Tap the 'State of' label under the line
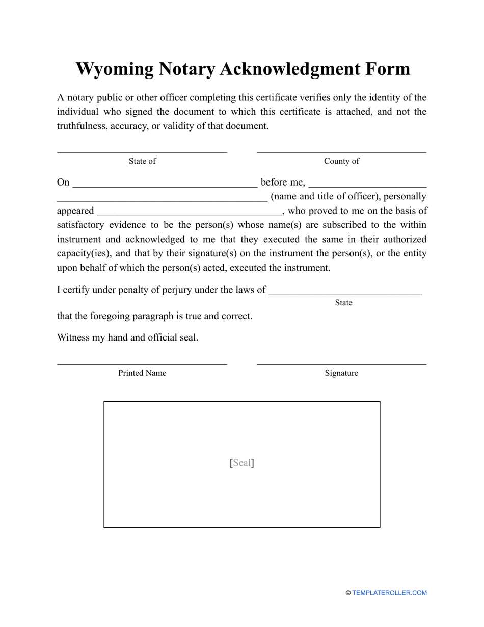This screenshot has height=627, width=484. pyautogui.click(x=142, y=161)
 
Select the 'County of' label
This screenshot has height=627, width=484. pyautogui.click(x=341, y=161)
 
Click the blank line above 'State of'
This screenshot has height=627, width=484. pyautogui.click(x=142, y=151)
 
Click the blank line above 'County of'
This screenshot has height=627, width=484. pyautogui.click(x=341, y=151)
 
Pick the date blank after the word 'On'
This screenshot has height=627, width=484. pyautogui.click(x=165, y=184)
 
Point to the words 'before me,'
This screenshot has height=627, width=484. pyautogui.click(x=283, y=182)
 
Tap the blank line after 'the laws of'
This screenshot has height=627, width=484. pyautogui.click(x=345, y=292)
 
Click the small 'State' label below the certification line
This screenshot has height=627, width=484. pyautogui.click(x=343, y=303)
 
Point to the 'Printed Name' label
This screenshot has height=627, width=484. pyautogui.click(x=142, y=373)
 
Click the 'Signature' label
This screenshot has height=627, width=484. pyautogui.click(x=341, y=373)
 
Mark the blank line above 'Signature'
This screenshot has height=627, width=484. pyautogui.click(x=341, y=364)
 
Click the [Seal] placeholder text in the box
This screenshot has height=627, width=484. pyautogui.click(x=242, y=463)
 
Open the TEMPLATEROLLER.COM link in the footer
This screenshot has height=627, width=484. pyautogui.click(x=389, y=593)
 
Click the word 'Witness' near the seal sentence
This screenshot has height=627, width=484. pyautogui.click(x=73, y=337)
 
